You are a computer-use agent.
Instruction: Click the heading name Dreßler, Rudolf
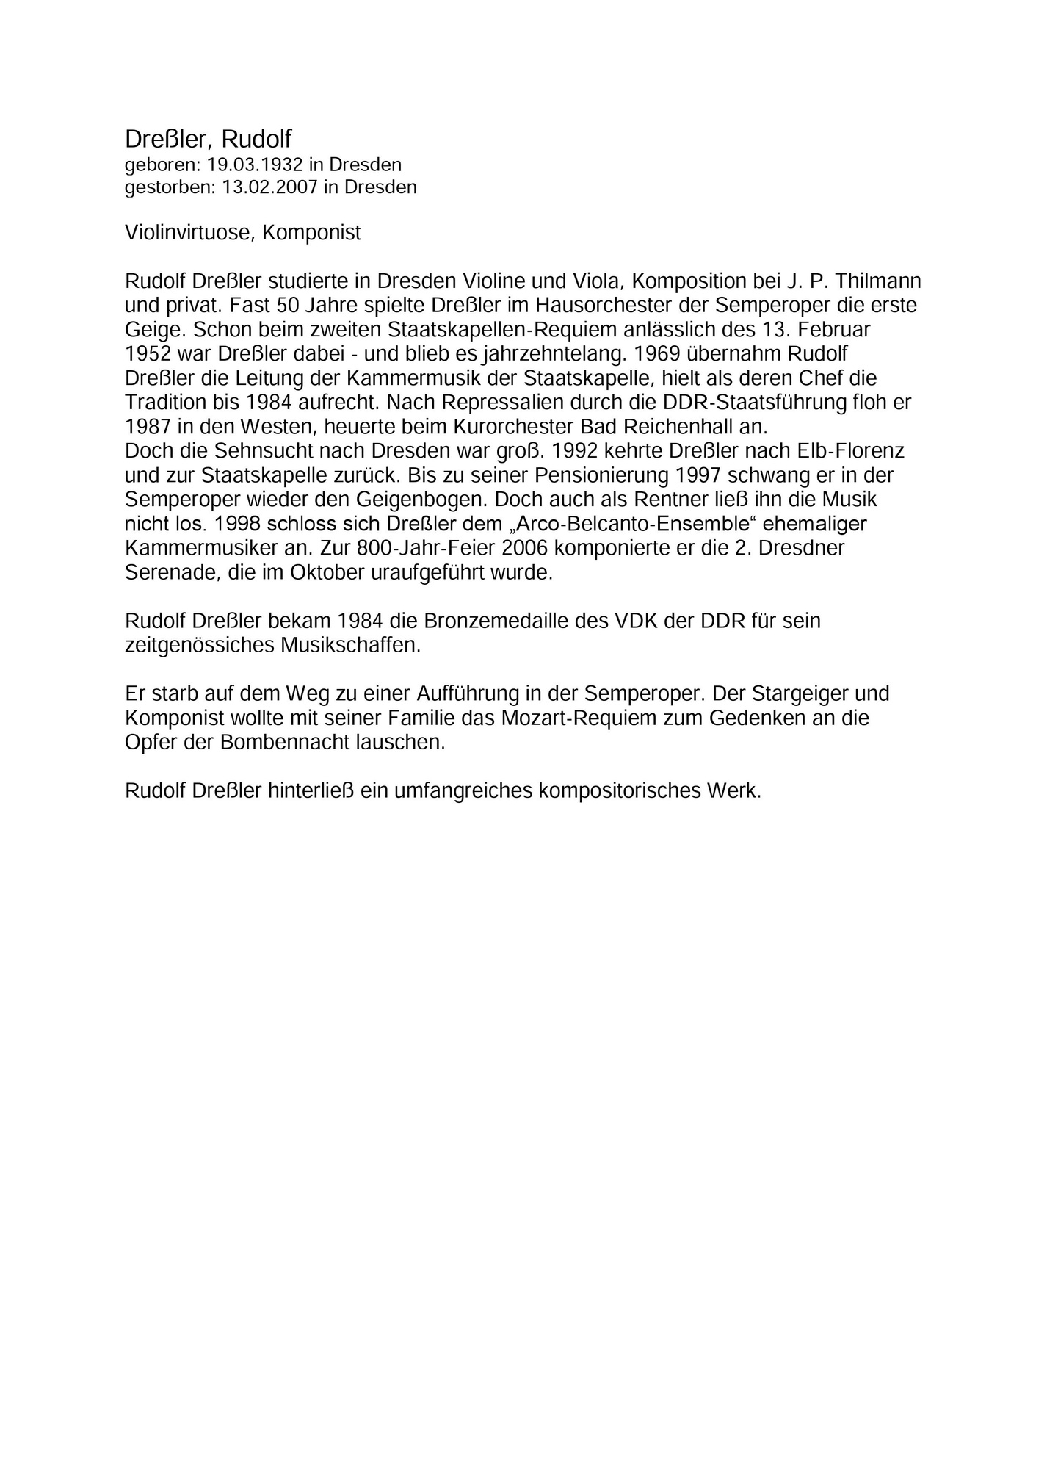click(x=209, y=139)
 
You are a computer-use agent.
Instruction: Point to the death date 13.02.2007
click(x=269, y=187)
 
